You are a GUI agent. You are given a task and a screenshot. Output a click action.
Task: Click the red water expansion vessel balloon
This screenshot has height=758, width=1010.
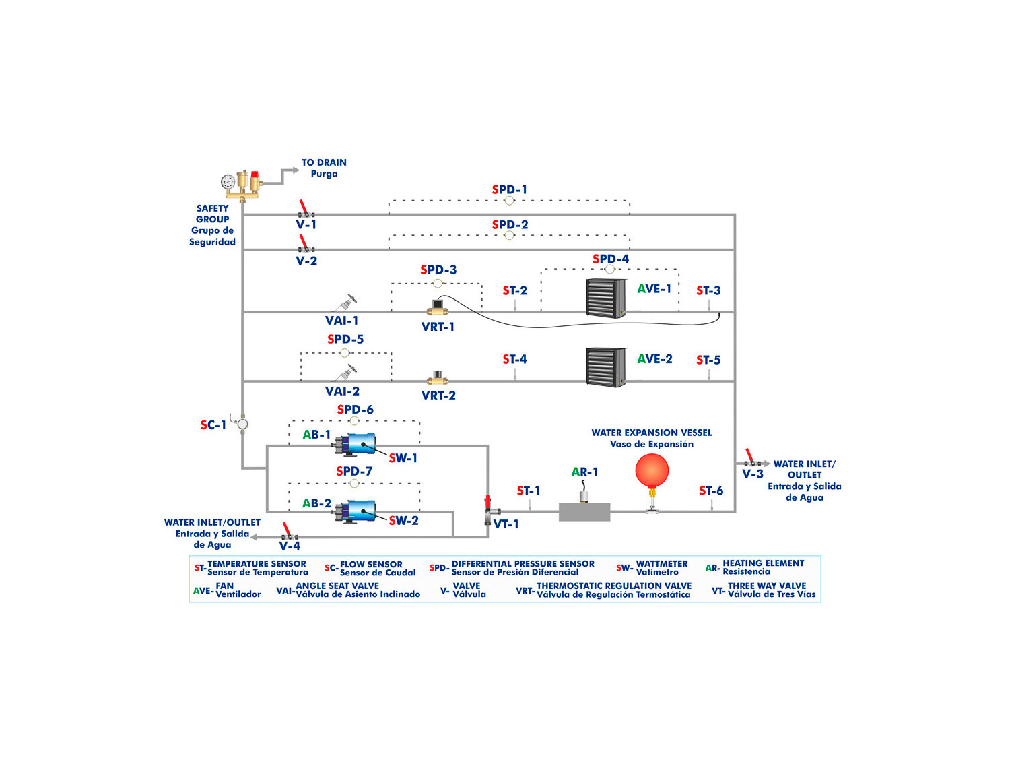click(652, 470)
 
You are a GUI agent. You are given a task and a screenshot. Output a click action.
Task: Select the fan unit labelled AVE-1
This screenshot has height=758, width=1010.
click(606, 297)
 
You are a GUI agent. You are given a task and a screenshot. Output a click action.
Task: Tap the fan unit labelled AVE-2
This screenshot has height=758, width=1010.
click(606, 367)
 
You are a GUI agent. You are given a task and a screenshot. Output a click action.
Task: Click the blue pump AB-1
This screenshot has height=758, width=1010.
click(357, 444)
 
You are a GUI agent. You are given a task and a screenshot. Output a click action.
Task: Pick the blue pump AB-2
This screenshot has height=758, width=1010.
click(357, 511)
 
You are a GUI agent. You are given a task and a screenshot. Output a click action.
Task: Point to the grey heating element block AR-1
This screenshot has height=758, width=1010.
click(584, 511)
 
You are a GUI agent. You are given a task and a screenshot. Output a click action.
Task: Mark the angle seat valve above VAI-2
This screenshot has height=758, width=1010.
click(347, 372)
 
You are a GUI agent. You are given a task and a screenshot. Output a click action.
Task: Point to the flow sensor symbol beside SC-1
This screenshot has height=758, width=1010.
click(243, 424)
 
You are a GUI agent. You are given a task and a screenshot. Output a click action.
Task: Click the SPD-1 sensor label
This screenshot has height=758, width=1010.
click(510, 190)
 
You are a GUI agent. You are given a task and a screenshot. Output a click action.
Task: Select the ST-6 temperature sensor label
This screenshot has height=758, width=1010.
click(711, 491)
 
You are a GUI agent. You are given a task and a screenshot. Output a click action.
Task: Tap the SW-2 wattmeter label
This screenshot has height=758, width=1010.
click(403, 520)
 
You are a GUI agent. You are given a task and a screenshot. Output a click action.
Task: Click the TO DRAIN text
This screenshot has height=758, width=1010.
click(324, 162)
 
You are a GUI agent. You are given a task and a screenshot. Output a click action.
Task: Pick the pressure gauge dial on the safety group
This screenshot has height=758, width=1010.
click(228, 182)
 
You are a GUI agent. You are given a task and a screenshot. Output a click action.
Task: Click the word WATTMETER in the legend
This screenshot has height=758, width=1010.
click(662, 563)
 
